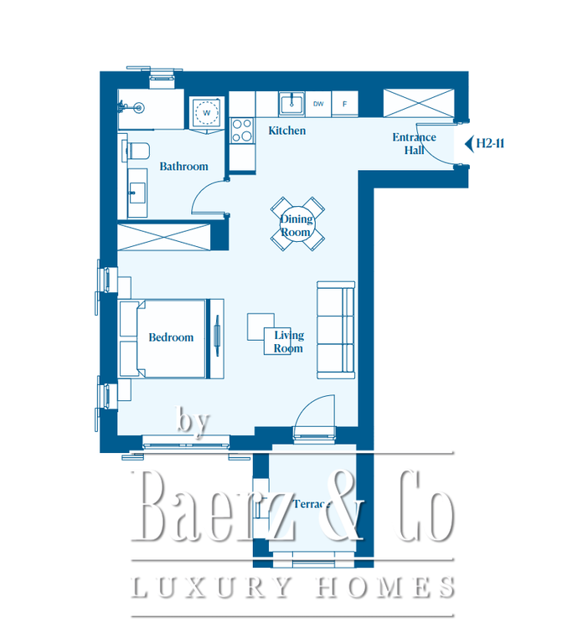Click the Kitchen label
coord(286,131)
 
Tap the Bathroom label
coord(183,166)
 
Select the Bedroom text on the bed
coord(171,337)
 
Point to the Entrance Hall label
coord(414,143)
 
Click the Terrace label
coord(312,503)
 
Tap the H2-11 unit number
coord(490,143)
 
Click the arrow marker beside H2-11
coord(469,144)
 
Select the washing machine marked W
coord(207,112)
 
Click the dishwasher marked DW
coord(318,104)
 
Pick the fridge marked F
coord(344,104)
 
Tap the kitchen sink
coord(291,103)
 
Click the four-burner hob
coord(242,131)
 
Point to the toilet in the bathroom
coord(137,151)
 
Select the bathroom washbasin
coord(137,193)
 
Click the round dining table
coord(297,224)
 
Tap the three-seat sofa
coord(336,330)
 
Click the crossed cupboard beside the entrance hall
coord(419,103)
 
